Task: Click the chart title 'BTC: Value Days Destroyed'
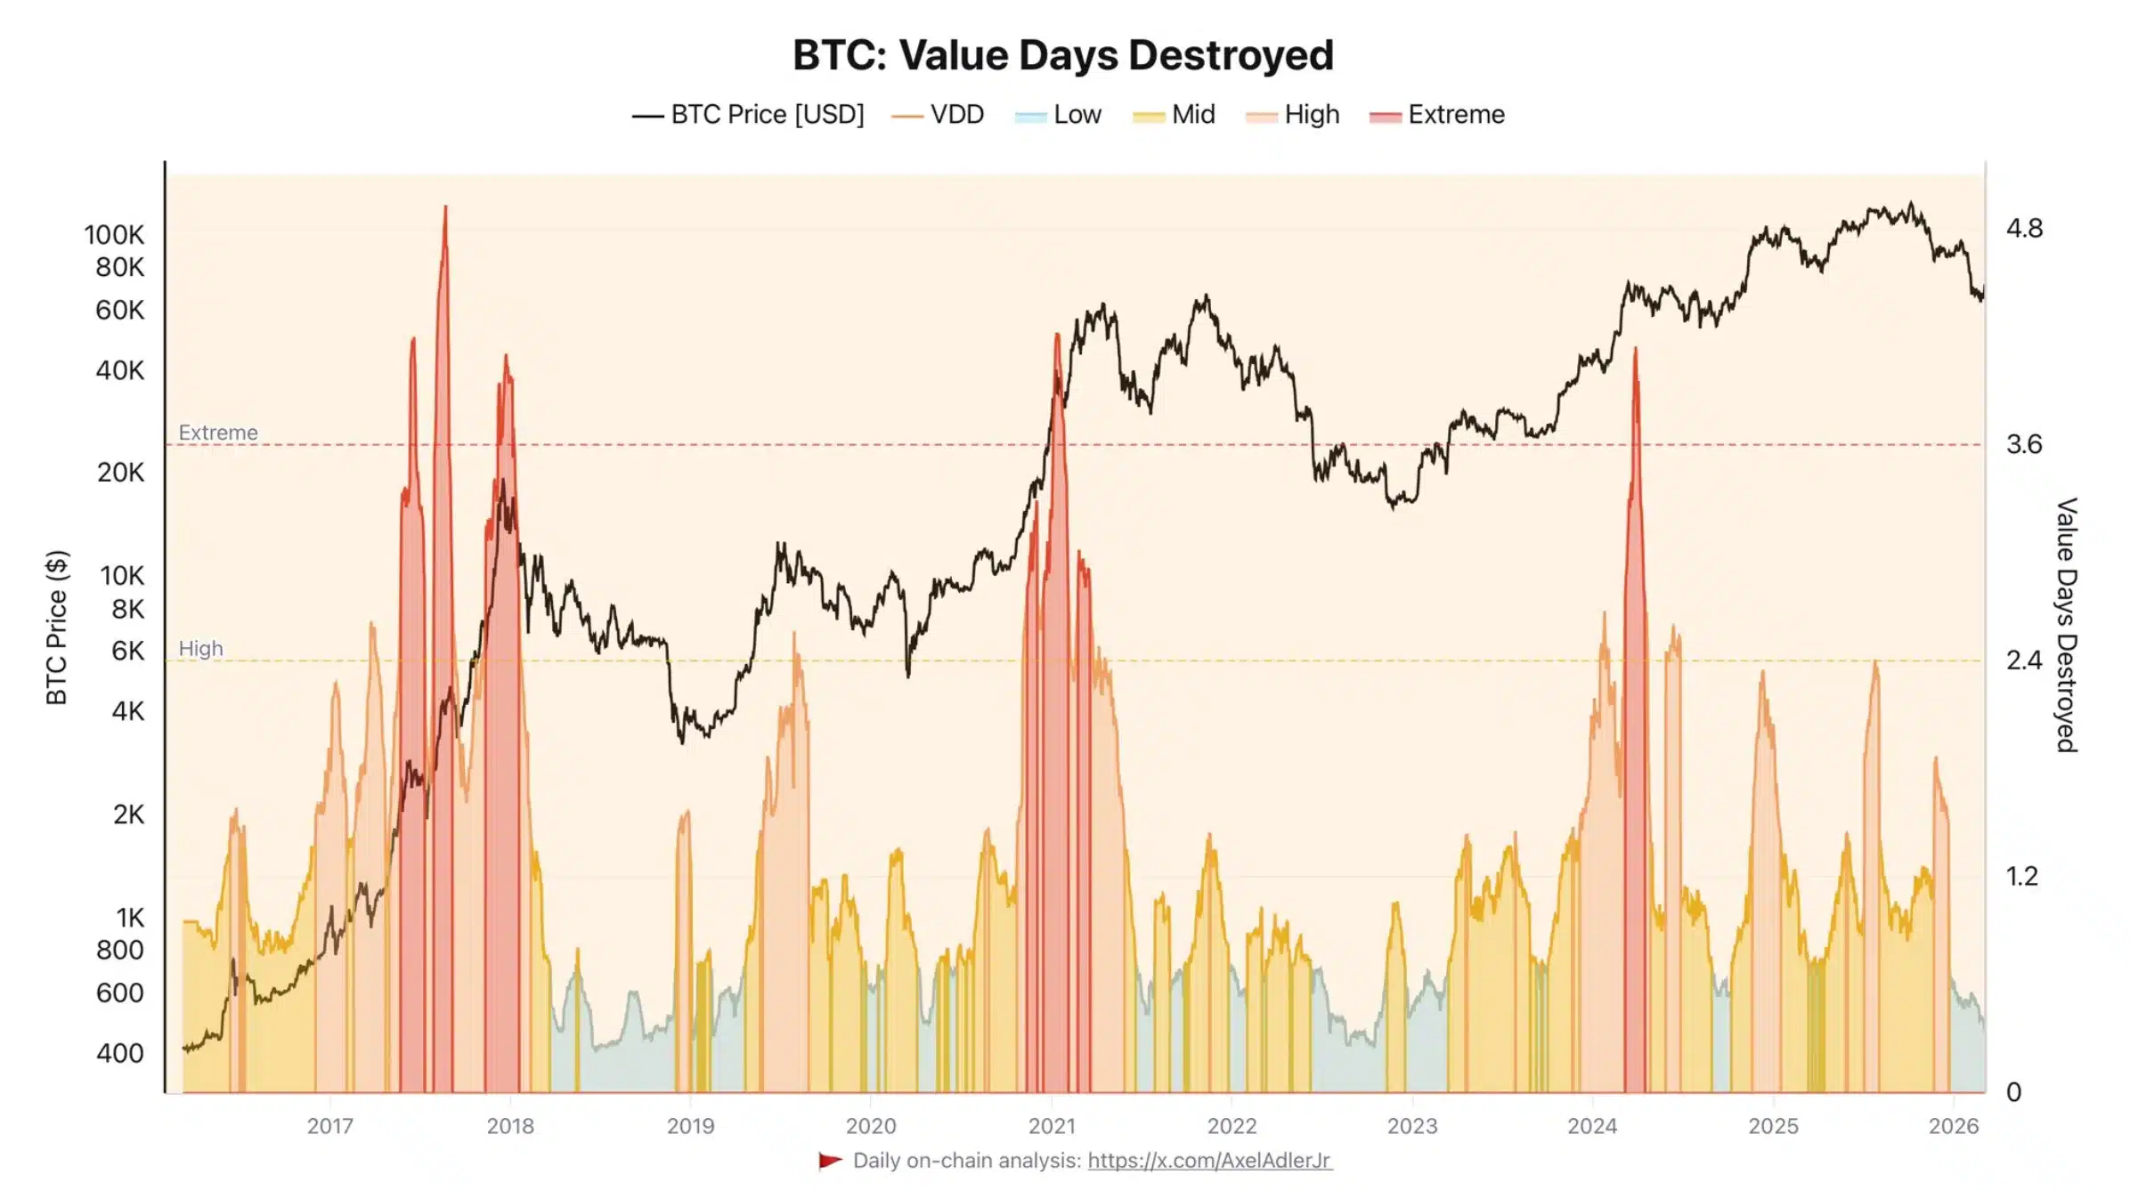coord(1063,55)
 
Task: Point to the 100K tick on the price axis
coord(114,235)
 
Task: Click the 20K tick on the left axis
coord(120,473)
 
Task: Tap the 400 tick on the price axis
coord(120,1053)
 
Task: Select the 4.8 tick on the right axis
coord(2024,229)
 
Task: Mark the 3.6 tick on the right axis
coord(2024,444)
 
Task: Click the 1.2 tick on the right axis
coord(2022,877)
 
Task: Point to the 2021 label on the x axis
coord(1052,1126)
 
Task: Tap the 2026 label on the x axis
coord(1954,1126)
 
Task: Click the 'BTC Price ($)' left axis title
coord(57,628)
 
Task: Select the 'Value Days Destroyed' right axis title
coord(2067,625)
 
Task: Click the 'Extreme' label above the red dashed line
coord(218,433)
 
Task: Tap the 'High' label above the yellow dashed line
coord(200,649)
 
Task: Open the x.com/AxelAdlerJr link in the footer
coord(1209,1161)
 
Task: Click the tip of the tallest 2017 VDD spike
coord(445,207)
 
